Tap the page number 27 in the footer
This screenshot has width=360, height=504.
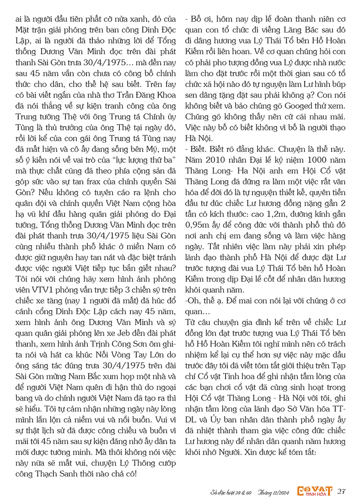pyautogui.click(x=341, y=492)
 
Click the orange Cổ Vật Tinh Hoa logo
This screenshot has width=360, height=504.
pyautogui.click(x=310, y=491)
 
